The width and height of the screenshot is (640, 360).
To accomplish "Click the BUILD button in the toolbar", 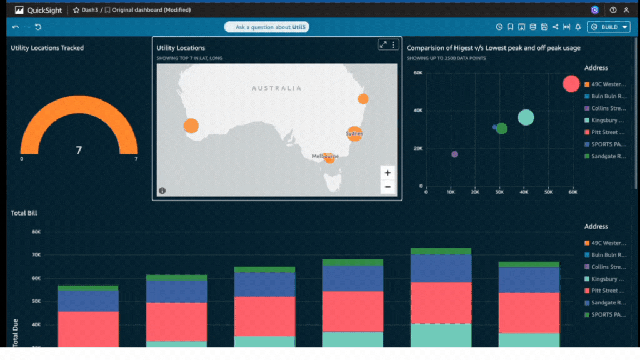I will pyautogui.click(x=609, y=27).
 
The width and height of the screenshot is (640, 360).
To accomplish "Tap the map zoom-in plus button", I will pyautogui.click(x=387, y=173).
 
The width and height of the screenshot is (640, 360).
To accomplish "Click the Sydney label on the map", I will pyautogui.click(x=354, y=134).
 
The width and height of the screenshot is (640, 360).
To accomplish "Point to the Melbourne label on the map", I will pyautogui.click(x=325, y=156).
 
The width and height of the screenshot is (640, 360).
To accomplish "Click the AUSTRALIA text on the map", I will pyautogui.click(x=276, y=88).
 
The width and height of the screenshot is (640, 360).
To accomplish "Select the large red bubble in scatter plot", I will pyautogui.click(x=571, y=83).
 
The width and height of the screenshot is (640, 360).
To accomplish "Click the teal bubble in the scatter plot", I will pyautogui.click(x=526, y=117).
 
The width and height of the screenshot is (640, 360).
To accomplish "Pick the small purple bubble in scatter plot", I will pyautogui.click(x=454, y=154).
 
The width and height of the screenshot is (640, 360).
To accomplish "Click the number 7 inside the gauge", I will pyautogui.click(x=79, y=150).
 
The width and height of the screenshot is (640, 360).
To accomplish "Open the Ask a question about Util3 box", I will pyautogui.click(x=267, y=27).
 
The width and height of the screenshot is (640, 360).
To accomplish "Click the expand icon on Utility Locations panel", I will pyautogui.click(x=383, y=45).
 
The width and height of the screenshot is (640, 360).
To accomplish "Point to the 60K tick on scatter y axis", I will pyautogui.click(x=418, y=73).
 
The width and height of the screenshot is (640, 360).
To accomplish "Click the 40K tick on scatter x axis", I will pyautogui.click(x=524, y=192).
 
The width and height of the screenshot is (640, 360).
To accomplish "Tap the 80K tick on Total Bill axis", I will pyautogui.click(x=36, y=232).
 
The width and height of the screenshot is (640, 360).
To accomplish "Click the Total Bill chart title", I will pyautogui.click(x=24, y=213).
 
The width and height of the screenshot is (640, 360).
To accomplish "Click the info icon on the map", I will pyautogui.click(x=162, y=191).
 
